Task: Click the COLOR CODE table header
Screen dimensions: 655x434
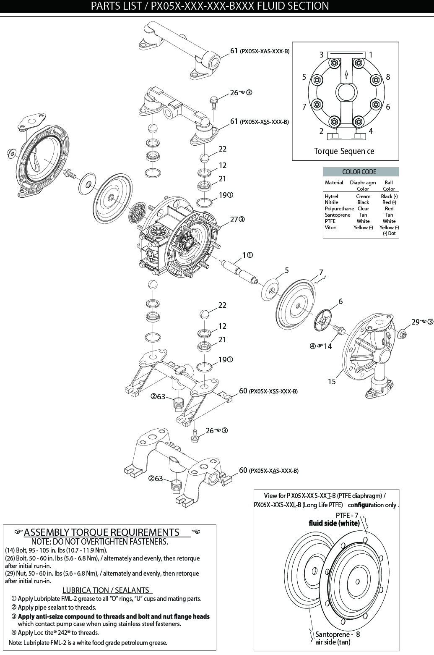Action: pyautogui.click(x=359, y=172)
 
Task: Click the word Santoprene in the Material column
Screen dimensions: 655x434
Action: pyautogui.click(x=337, y=215)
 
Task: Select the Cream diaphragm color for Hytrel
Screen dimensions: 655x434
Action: pyautogui.click(x=363, y=196)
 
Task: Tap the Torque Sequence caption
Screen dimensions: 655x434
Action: pyautogui.click(x=344, y=151)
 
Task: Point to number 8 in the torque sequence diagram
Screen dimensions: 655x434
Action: pyautogui.click(x=388, y=77)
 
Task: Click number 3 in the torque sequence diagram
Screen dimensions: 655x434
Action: pyautogui.click(x=322, y=55)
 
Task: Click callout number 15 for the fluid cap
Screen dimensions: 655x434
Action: pyautogui.click(x=332, y=381)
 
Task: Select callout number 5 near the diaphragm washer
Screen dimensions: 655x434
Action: pyautogui.click(x=287, y=270)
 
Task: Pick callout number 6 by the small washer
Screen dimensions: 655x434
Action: pyautogui.click(x=340, y=301)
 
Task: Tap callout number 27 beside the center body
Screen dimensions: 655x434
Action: pyautogui.click(x=234, y=219)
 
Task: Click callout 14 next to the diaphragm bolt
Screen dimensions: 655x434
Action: pyautogui.click(x=327, y=346)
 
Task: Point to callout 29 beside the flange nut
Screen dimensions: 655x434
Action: pyautogui.click(x=416, y=322)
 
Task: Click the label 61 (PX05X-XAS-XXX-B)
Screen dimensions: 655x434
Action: pyautogui.click(x=260, y=51)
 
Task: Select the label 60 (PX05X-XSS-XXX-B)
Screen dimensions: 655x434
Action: pyautogui.click(x=268, y=391)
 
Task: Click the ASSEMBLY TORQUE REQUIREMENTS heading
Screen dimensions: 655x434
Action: pyautogui.click(x=102, y=532)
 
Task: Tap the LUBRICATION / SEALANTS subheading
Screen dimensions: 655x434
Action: pyautogui.click(x=105, y=590)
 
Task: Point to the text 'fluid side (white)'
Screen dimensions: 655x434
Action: pyautogui.click(x=334, y=523)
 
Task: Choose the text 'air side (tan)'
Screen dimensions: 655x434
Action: pyautogui.click(x=333, y=642)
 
